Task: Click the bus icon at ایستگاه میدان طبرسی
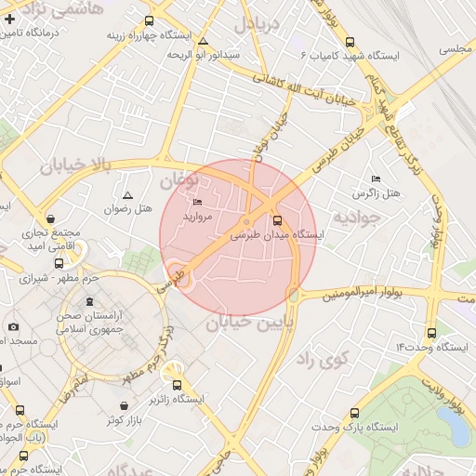tap(277, 220)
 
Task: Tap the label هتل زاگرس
tap(376, 193)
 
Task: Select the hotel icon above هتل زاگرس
tap(376, 178)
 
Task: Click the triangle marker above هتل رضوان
tap(127, 195)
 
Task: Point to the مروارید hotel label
tap(197, 216)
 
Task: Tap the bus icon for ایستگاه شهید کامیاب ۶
tap(350, 41)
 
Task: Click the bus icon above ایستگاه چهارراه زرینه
tap(150, 20)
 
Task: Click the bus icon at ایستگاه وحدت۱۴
tap(430, 333)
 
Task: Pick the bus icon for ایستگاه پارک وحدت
tap(353, 413)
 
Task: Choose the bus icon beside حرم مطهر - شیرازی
tap(59, 263)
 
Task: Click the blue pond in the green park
tap(455, 427)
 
